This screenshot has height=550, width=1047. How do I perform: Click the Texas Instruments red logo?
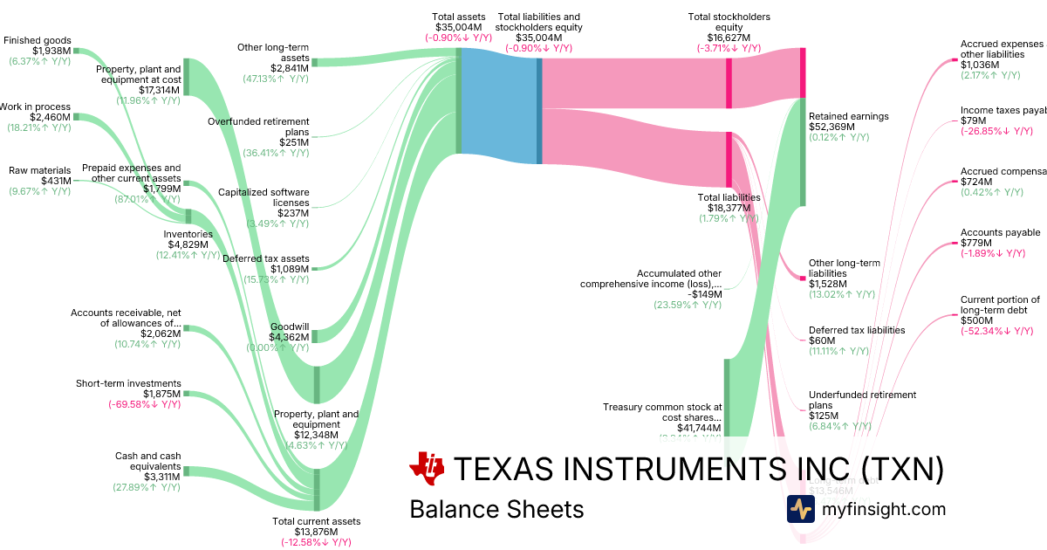click(427, 468)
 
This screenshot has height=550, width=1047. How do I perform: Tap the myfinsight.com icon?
click(800, 509)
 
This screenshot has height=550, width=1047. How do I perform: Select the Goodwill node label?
click(290, 327)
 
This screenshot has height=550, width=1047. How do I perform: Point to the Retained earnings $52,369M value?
click(832, 127)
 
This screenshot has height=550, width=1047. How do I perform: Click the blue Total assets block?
click(499, 106)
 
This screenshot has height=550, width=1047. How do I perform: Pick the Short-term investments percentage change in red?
click(144, 404)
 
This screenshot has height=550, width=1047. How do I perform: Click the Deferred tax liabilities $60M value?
click(824, 340)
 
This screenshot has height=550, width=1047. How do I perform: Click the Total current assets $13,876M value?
click(316, 532)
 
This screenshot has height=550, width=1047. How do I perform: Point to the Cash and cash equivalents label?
click(147, 461)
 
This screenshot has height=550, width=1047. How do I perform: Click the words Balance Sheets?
click(496, 509)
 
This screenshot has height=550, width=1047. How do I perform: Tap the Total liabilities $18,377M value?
click(729, 208)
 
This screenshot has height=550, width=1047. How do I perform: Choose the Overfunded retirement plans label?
click(258, 127)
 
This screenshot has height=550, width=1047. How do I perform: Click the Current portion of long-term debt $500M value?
click(976, 320)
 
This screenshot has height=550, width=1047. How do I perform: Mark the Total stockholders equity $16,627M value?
click(728, 38)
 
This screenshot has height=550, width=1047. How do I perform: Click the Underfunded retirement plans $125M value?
click(825, 416)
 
